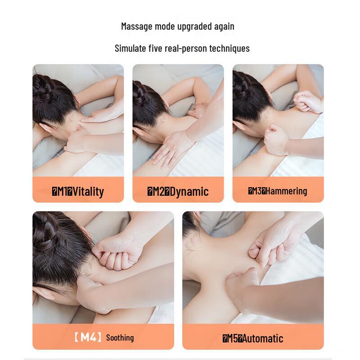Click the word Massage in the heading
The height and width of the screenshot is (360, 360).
pos(136,26)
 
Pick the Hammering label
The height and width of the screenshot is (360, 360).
pos(286,191)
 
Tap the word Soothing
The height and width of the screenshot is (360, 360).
pos(120,337)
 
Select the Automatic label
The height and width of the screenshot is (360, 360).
pos(264,338)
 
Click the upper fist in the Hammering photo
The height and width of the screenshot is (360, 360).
pos(309,101)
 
